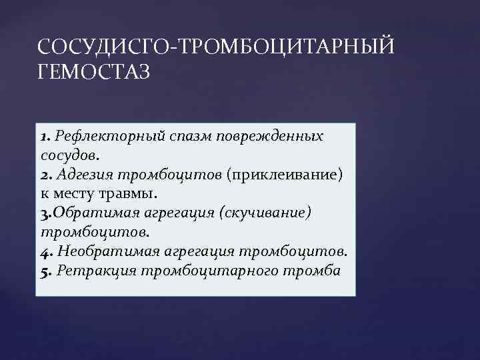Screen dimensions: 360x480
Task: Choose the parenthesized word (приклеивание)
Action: (x=284, y=175)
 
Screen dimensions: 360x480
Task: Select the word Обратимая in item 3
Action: (x=91, y=213)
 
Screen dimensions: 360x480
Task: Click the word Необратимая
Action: (x=100, y=251)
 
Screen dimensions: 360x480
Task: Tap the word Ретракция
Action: (x=88, y=270)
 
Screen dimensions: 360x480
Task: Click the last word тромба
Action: (x=313, y=270)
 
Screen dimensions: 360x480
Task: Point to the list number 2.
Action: (x=44, y=175)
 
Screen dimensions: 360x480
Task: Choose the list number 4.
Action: (x=44, y=251)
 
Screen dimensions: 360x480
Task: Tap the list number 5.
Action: (x=44, y=270)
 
